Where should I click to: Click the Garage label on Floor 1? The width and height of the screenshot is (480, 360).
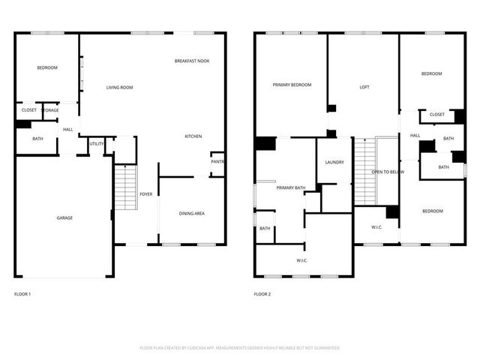coord(64,217)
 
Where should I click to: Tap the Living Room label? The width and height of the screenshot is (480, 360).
coord(119,88)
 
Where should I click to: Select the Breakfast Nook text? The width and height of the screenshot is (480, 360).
coord(192,61)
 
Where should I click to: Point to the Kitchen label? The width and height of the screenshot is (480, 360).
coord(193,136)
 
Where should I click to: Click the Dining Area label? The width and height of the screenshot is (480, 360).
coord(192,214)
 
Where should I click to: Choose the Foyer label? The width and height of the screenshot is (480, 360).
coord(146,194)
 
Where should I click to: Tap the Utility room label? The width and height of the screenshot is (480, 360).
coord(97,143)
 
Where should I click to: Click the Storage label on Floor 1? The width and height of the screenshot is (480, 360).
coord(50,110)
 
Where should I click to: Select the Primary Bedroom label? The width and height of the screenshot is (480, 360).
coord(292,85)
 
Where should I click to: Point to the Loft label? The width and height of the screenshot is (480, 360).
coord(364,88)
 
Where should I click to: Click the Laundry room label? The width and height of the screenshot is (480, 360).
coord(334,163)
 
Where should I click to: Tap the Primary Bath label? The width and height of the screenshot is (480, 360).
coord(290,187)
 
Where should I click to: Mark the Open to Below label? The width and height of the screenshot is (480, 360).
coord(388,172)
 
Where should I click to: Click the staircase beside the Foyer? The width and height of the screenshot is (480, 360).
coord(124,188)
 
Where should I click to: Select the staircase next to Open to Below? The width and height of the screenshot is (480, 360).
coord(364,172)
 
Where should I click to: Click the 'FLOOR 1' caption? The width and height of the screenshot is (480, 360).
coord(23,294)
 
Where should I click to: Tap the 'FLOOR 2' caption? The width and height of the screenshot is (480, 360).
coord(262,294)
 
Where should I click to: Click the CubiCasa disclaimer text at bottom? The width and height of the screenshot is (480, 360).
coord(240,348)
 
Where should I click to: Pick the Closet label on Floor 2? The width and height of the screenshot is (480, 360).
coord(436,115)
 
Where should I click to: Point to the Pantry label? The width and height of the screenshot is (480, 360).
coord(218,161)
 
